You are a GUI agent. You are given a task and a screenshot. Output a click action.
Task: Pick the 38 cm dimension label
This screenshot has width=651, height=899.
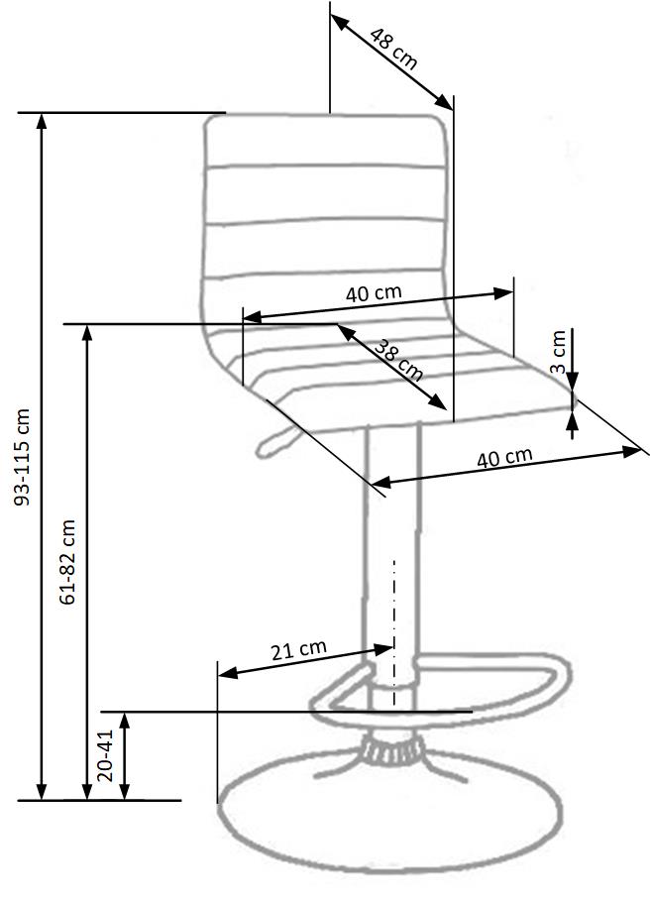point(398,360)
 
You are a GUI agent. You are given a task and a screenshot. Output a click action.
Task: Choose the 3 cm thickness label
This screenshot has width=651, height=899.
point(559,352)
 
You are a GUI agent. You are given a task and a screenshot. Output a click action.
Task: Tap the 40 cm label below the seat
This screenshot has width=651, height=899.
point(504,458)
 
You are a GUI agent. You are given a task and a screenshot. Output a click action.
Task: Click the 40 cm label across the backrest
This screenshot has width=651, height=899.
point(374,293)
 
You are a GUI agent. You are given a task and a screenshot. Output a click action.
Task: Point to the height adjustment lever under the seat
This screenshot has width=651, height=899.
point(272,444)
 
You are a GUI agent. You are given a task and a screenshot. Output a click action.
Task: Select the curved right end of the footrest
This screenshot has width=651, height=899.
point(559,676)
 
